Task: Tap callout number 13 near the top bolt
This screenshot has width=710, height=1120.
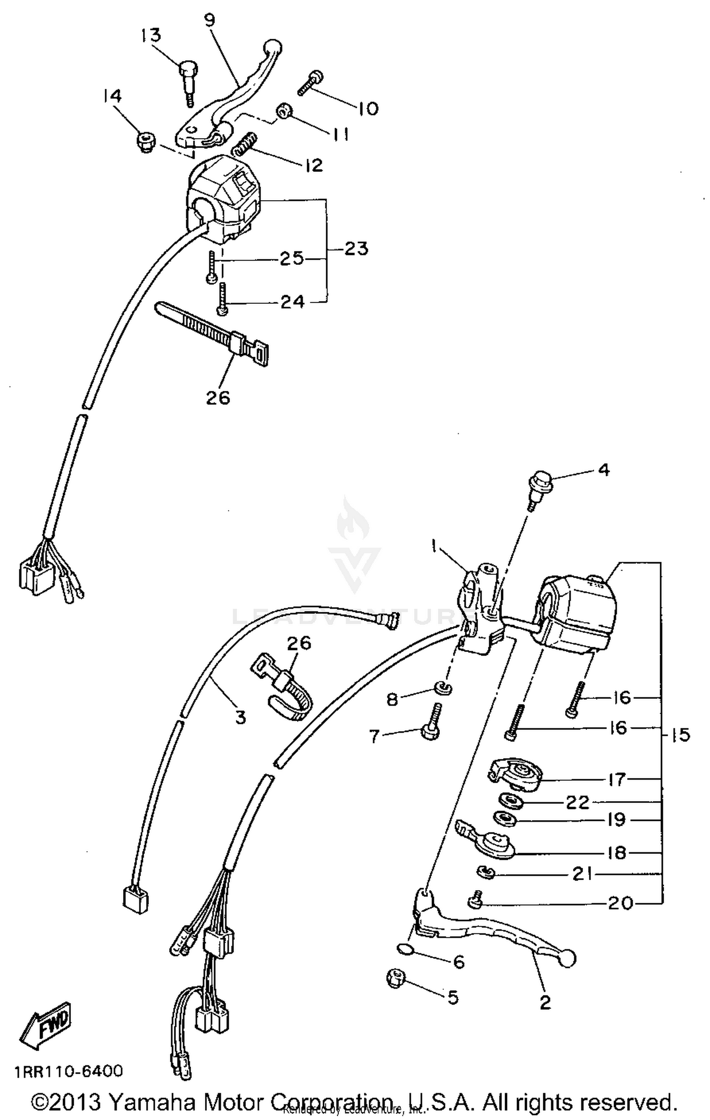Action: coord(151,35)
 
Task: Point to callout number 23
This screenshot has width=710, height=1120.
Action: coord(356,248)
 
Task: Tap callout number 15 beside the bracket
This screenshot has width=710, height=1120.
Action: coord(681,735)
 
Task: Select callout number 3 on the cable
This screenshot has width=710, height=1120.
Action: coord(240,718)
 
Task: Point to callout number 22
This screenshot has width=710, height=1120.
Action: coord(577,803)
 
